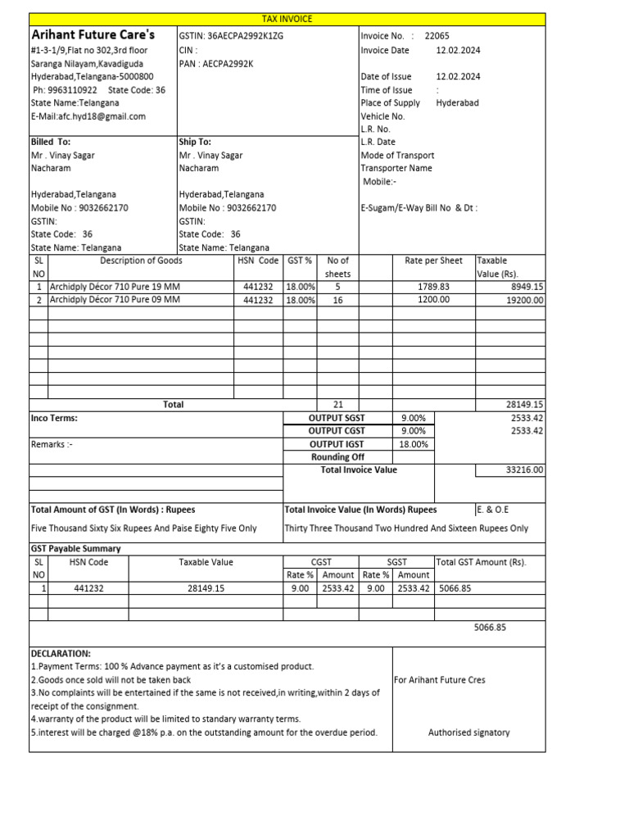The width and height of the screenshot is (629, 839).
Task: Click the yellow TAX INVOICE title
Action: (287, 19)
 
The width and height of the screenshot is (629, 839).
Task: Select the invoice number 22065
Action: (437, 36)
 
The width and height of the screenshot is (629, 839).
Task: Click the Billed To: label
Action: (51, 142)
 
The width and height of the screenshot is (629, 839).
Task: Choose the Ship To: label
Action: (195, 142)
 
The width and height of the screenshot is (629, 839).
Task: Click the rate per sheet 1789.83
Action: (433, 287)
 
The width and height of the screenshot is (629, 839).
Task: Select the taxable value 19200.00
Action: (526, 300)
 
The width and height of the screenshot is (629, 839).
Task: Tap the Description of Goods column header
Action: (141, 261)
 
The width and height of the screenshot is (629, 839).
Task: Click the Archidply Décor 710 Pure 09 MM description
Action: (114, 300)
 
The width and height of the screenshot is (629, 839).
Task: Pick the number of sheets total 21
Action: (337, 405)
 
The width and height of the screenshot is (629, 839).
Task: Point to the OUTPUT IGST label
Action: (336, 444)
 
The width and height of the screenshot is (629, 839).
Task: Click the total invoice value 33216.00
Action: (525, 470)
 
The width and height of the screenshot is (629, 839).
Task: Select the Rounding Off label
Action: (337, 457)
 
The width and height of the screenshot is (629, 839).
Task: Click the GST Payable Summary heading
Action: (75, 549)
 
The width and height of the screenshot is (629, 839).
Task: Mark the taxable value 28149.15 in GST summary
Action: (206, 588)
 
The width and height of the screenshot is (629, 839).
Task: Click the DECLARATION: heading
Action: (61, 654)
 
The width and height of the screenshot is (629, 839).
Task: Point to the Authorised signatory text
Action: (468, 732)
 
